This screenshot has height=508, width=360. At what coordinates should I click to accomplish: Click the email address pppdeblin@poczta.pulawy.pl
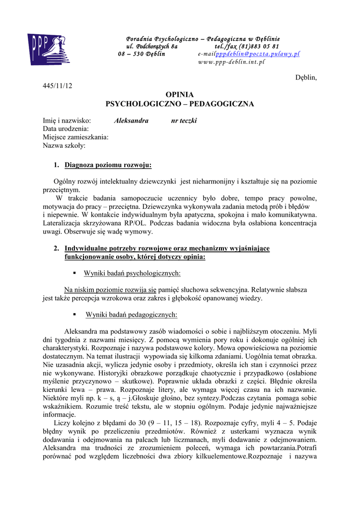(258, 54)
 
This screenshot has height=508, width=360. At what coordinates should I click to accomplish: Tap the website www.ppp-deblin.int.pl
(231, 63)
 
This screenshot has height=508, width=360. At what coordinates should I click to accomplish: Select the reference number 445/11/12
(58, 86)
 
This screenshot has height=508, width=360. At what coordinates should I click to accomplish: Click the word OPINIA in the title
(179, 94)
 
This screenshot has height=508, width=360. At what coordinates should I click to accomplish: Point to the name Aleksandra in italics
(131, 121)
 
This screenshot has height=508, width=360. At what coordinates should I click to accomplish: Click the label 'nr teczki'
(184, 121)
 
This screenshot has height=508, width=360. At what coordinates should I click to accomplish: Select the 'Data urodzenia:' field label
(66, 129)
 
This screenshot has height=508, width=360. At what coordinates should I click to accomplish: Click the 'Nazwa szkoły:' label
(64, 146)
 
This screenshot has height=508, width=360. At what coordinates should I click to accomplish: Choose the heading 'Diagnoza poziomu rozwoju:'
(108, 165)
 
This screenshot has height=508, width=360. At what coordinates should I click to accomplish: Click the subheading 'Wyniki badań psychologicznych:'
(132, 273)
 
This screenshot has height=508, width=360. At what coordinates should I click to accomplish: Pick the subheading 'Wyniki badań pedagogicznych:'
(131, 315)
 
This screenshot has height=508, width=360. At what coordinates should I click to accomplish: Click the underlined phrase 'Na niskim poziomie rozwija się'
(110, 290)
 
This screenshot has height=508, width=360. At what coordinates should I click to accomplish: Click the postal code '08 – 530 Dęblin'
(142, 54)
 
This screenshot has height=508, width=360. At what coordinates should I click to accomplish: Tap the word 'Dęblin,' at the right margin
(306, 77)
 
